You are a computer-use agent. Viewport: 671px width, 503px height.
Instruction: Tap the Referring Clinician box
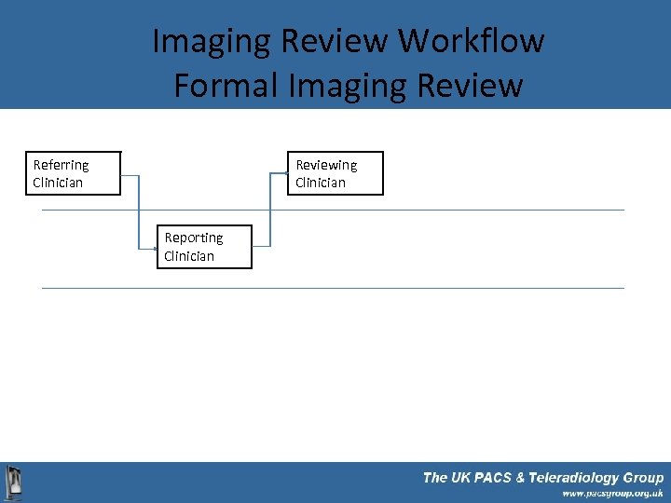(x=74, y=173)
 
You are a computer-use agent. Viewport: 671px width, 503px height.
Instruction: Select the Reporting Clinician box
(x=204, y=247)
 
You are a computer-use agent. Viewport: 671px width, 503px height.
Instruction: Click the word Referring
(x=61, y=165)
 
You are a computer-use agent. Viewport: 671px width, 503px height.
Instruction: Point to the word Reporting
(x=194, y=238)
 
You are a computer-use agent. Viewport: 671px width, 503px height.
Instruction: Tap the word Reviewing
(x=326, y=165)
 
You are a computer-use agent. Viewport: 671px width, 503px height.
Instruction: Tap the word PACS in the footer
(x=501, y=478)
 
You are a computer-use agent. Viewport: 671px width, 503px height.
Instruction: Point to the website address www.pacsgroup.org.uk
(x=611, y=494)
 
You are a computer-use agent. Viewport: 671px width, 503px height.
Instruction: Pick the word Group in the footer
(x=643, y=478)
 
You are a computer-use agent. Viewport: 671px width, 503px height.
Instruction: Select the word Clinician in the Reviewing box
(x=320, y=183)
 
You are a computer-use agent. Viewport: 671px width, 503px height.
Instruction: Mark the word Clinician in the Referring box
(x=58, y=183)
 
